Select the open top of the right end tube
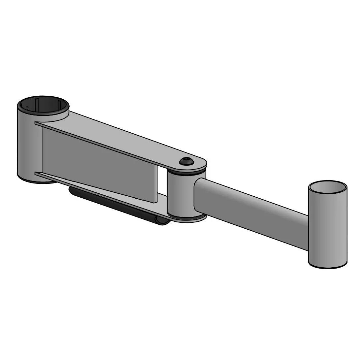click(328, 187)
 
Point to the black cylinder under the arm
click(119, 206)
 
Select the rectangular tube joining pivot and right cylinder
click(251, 211)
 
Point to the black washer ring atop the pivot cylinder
click(187, 172)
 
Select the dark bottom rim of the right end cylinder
click(328, 266)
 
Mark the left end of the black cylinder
click(71, 191)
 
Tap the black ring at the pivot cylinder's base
click(187, 217)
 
